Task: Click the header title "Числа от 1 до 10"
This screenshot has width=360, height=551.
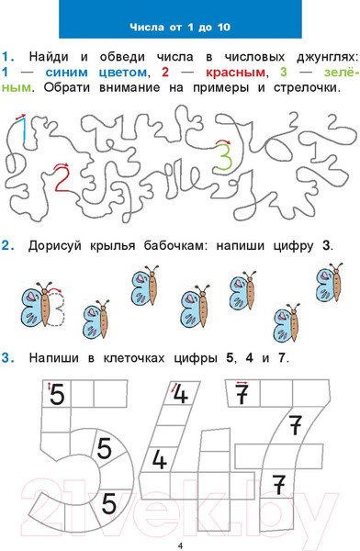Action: point(180,27)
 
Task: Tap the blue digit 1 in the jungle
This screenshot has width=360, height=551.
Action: point(23,130)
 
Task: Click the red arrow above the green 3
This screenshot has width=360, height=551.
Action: point(222,141)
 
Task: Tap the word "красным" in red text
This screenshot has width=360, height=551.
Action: point(235,73)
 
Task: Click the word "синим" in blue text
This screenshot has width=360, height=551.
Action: point(66,73)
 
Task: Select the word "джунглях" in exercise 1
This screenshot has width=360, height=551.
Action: point(325,58)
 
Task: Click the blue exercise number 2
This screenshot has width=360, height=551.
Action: point(7,245)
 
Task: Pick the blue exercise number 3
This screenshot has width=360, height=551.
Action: point(7,358)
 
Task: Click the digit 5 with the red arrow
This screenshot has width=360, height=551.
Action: point(57,395)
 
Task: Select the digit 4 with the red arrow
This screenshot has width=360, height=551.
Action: point(181,393)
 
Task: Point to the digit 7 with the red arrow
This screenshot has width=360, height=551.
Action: point(242,394)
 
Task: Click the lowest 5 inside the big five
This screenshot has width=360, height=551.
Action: point(108,503)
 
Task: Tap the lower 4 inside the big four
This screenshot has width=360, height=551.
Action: point(159,460)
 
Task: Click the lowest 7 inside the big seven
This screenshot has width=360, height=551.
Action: point(279,485)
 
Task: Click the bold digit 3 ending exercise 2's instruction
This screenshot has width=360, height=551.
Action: point(326,245)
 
